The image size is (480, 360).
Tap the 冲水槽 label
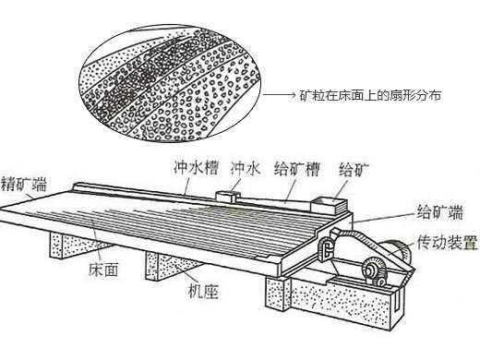(195, 170)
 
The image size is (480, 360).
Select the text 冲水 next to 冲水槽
(247, 170)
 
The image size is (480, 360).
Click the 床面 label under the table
(102, 274)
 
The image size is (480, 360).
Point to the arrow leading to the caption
(282, 95)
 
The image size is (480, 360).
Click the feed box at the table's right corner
(327, 202)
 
